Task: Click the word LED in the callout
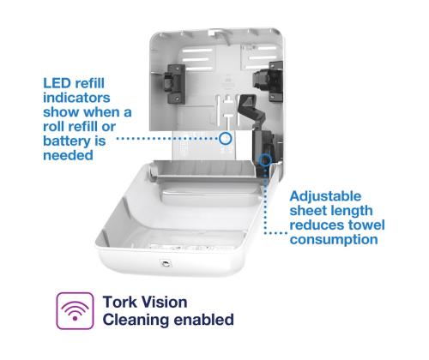[57, 83]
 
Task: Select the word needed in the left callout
[68, 155]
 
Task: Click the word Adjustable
[325, 197]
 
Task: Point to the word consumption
[334, 240]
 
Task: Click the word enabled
[204, 320]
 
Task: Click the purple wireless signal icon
[75, 311]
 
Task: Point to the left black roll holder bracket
[173, 83]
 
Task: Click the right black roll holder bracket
[269, 81]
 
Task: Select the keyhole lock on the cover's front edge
[165, 263]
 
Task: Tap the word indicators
[76, 98]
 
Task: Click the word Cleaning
[136, 320]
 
